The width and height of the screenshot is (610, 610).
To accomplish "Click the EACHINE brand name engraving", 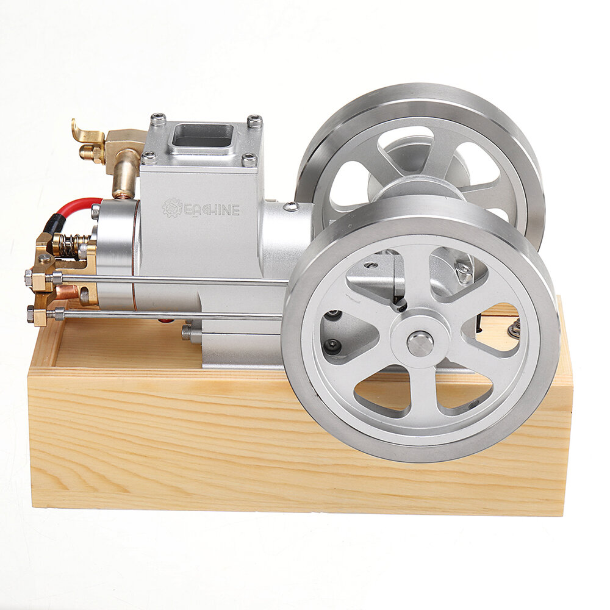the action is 210,210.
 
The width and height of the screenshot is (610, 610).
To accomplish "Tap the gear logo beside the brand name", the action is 172,208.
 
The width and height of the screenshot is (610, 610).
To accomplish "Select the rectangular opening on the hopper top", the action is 203,136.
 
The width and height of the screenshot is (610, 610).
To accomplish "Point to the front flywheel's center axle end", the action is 420,343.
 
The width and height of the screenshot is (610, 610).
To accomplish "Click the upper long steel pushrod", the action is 171,279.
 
